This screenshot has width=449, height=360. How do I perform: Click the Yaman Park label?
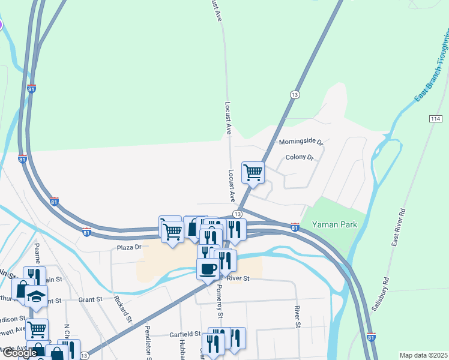[x=334, y=225]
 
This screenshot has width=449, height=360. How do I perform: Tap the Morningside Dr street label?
[x=301, y=142]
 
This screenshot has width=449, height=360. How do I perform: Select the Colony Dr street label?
[x=300, y=158]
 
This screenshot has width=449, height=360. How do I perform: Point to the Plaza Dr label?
[x=129, y=247]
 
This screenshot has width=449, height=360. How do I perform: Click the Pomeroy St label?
[x=219, y=302]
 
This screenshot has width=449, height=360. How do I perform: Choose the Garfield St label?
[x=184, y=334]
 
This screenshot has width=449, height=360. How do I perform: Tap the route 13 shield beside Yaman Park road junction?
[x=238, y=214]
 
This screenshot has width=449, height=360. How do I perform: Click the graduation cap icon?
[x=37, y=296]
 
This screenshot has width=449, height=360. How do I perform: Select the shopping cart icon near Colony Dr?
[x=253, y=172]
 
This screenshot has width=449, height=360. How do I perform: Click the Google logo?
[x=19, y=353]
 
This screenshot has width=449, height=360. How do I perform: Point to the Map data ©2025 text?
[x=423, y=355]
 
